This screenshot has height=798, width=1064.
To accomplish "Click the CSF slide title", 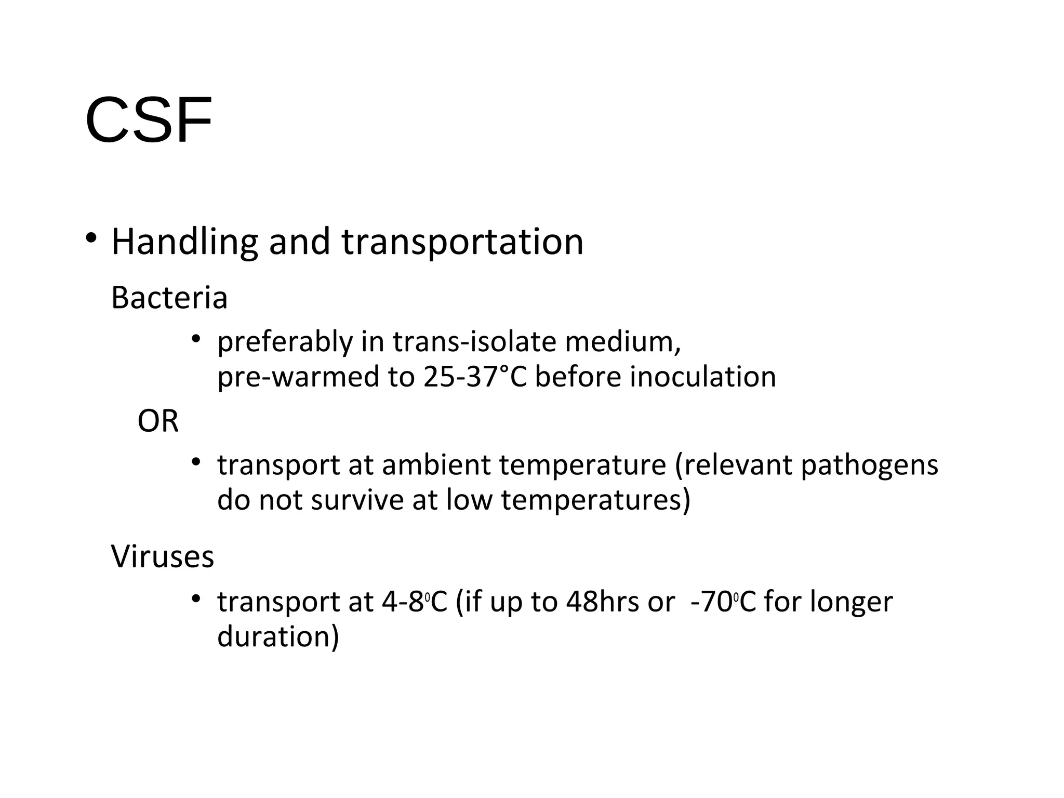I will (149, 120).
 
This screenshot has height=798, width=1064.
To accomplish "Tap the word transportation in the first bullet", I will (462, 243).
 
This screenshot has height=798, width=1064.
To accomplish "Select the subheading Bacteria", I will (169, 298).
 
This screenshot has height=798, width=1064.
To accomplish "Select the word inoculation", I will (703, 377).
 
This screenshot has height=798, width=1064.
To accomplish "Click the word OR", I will (158, 421).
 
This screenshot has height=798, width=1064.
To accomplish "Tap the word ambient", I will (437, 465).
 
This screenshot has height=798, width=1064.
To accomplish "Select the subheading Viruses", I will (163, 556).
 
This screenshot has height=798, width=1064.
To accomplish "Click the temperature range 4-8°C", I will (414, 602).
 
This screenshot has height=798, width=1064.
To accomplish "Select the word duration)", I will (278, 637).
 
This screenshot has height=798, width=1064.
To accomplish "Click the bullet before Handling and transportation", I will (91, 238).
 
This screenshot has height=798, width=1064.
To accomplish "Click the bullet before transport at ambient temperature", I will (195, 461).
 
